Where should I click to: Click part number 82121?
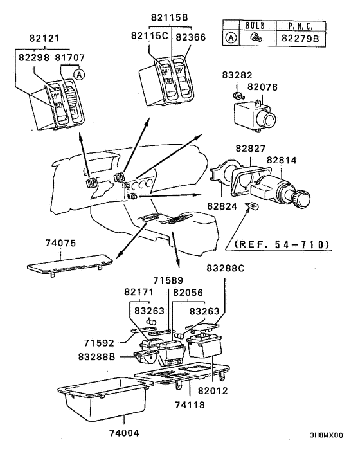point(44,38)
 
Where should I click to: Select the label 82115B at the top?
point(170,17)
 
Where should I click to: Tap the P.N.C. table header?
point(301,26)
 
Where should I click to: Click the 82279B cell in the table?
point(300,38)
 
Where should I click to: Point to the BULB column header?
point(255,26)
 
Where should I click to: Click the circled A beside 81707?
point(79,75)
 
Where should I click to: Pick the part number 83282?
point(237,75)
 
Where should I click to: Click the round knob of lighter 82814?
point(301,197)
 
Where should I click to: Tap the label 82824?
point(222,206)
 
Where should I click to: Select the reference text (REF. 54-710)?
point(282,244)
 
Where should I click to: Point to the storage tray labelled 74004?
point(105,399)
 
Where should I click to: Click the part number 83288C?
point(226,268)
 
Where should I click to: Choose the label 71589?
point(168,280)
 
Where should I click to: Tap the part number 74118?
point(190,404)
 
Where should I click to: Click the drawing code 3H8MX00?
point(327,435)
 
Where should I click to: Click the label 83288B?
point(96,357)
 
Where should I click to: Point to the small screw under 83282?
point(238,95)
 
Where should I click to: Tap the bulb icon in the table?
point(255,38)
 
